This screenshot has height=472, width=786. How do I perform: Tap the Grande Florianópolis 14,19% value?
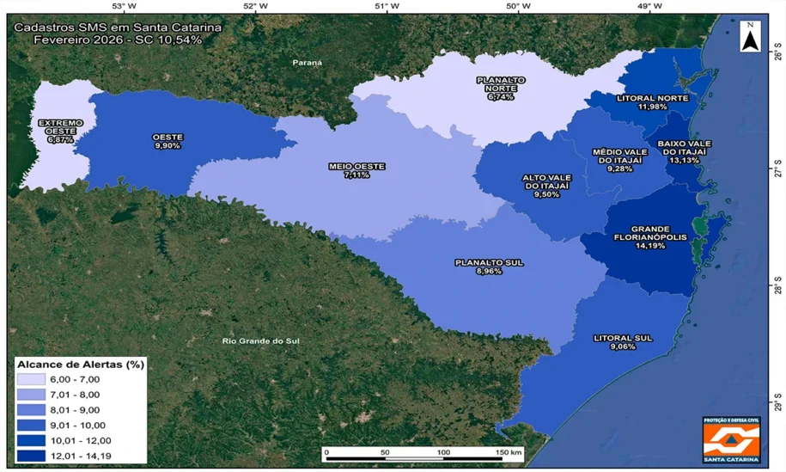point(649,246)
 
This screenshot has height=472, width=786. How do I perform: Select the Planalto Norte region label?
point(500,84)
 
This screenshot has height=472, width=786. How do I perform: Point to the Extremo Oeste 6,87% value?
point(60,139)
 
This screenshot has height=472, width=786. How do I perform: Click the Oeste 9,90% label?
point(168,142)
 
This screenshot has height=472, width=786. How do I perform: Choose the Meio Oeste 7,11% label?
point(356,169)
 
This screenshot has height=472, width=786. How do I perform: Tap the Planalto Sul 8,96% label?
point(488,267)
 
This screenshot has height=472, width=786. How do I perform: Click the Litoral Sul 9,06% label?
point(623,342)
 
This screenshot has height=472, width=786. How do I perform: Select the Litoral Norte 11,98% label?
point(653,102)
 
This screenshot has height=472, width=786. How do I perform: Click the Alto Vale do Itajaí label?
point(546,186)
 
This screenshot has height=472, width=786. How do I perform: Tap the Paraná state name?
point(307,63)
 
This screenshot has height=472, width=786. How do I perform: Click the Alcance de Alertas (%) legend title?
point(81,364)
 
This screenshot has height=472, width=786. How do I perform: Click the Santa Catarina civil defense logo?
point(731,440)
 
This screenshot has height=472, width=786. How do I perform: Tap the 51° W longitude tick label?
point(387,7)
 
